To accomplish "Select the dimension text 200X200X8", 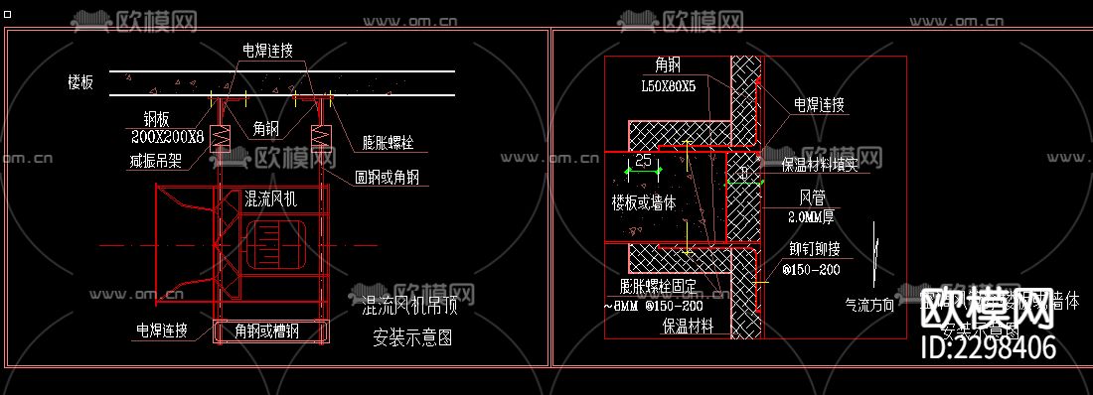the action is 168,136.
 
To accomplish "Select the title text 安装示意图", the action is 411,338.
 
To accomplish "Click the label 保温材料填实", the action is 820,166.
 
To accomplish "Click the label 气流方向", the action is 870,306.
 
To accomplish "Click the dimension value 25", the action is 643,160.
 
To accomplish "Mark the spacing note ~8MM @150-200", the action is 652,306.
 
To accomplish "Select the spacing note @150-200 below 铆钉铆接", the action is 811,269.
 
